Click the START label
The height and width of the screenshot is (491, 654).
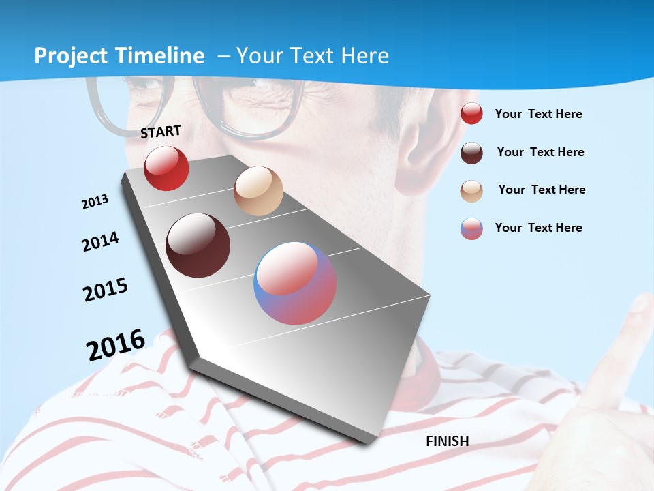pos(161,131)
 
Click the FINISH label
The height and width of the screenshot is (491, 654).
pos(447,441)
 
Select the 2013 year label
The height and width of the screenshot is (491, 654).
pos(95,202)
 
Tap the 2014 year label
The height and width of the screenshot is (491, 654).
pos(100,241)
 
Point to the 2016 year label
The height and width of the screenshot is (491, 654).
pos(115,345)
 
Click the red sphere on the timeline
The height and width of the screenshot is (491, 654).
pos(166,168)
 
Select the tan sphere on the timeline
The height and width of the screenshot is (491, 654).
pos(258,191)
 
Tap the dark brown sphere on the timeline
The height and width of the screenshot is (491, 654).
pos(198,245)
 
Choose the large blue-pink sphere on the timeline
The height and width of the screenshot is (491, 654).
pos(295,283)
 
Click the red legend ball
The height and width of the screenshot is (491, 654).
pos(471,114)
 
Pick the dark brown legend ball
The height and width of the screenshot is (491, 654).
pos(471,153)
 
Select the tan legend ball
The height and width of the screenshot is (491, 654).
pos(471,190)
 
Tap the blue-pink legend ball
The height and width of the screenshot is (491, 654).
pos(471,228)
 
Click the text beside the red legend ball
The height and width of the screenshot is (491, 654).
pos(538,114)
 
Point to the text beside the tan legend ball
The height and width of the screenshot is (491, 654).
pos(542,190)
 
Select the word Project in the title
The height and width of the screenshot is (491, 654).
pos(71,56)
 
